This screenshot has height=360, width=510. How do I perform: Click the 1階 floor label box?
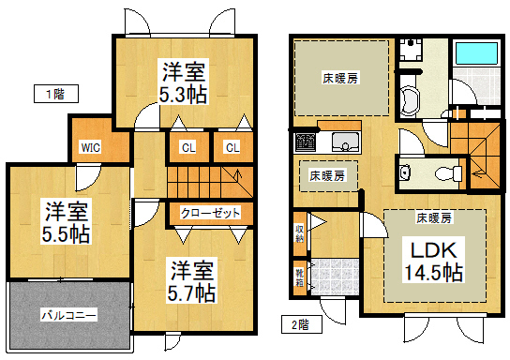[x=56, y=94]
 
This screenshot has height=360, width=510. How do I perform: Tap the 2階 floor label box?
[x=302, y=324]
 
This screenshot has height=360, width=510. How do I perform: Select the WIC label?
[x=91, y=147]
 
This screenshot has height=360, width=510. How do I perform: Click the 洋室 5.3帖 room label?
[x=183, y=82]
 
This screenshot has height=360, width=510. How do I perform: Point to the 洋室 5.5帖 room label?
[x=66, y=223]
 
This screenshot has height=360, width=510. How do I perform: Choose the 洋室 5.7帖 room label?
[x=191, y=281]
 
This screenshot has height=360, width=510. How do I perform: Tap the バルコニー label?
[x=69, y=315]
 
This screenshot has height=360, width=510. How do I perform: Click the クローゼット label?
[x=210, y=214]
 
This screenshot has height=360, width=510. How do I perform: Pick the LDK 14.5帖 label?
[x=434, y=262]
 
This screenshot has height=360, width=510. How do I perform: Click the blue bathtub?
[x=477, y=53]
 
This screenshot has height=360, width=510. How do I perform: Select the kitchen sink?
[x=346, y=142]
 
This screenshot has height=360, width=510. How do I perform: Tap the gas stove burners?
[x=306, y=142]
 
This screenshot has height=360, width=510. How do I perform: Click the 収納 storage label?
[x=299, y=233]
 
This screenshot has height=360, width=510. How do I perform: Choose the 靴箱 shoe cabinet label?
[x=299, y=277]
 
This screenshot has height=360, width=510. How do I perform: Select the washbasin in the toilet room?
[x=405, y=172]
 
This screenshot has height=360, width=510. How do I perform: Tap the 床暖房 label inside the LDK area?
[x=434, y=218]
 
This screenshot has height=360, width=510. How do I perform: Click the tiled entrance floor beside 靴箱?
[x=335, y=277]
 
